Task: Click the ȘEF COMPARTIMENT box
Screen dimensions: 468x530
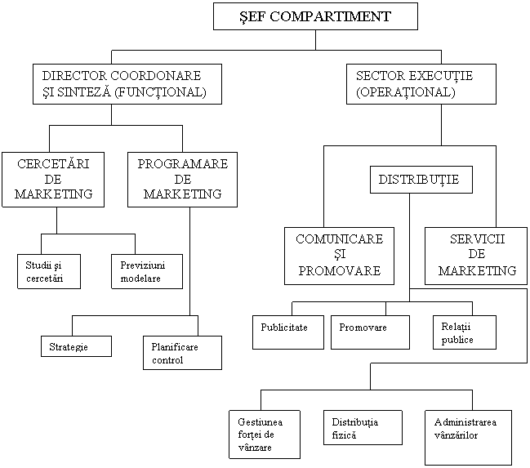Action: [x=315, y=16]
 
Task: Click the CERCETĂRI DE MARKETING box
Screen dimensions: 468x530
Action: [x=53, y=180]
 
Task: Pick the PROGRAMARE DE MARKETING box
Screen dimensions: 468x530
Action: [x=182, y=180]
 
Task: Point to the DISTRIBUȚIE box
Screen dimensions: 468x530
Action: [x=421, y=180]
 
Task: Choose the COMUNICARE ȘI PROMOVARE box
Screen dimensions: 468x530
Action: [x=339, y=256]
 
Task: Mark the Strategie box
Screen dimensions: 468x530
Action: [x=76, y=347]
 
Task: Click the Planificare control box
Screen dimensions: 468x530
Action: [x=182, y=353]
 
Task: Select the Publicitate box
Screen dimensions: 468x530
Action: [x=287, y=332]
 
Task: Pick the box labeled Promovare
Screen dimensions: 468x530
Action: [x=370, y=332]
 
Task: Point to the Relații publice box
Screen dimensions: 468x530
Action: [x=464, y=332]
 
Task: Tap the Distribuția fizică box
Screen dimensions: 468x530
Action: [x=363, y=427]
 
